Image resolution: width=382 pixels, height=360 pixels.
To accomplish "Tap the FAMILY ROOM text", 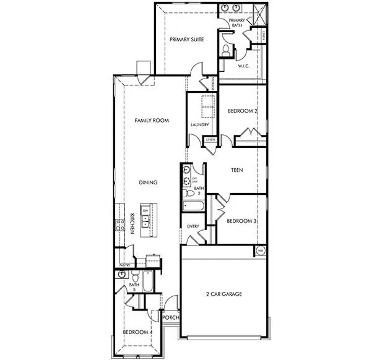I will (152, 121).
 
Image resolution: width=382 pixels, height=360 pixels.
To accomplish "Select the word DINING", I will (148, 182).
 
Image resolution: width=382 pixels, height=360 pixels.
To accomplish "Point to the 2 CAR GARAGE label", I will (224, 294).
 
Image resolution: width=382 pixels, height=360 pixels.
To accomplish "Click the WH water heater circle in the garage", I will (261, 251).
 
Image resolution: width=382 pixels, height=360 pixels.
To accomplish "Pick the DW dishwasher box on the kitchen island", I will (145, 212).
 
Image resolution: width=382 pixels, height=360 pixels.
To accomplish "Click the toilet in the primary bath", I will (227, 49).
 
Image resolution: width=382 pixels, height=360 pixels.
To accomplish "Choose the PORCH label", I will (170, 318).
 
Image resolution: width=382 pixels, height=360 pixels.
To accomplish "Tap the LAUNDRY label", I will (200, 124).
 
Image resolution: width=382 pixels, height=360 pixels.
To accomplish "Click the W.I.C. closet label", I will (243, 66).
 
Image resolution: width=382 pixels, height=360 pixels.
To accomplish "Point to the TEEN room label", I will (237, 169).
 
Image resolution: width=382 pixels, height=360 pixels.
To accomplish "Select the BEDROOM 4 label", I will (137, 333).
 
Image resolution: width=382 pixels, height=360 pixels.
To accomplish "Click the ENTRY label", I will (193, 226).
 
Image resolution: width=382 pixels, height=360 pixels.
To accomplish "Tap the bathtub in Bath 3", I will (149, 281).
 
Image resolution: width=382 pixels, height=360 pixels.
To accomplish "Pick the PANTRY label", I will (125, 264).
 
